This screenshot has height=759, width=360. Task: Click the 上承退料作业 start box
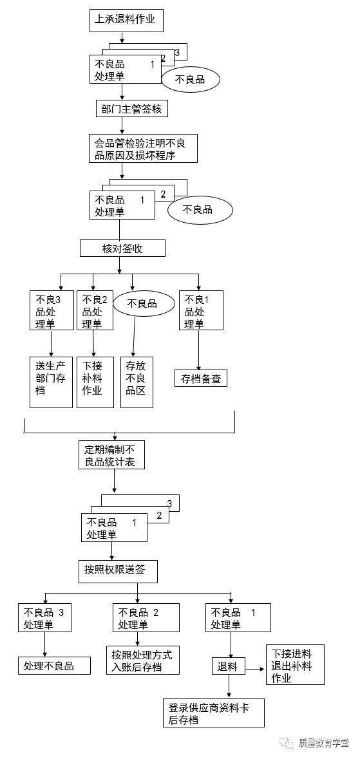click(x=126, y=20)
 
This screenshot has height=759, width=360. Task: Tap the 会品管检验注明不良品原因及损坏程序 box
click(x=142, y=148)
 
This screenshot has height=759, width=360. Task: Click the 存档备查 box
click(x=201, y=378)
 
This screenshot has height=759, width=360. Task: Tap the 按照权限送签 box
click(x=117, y=569)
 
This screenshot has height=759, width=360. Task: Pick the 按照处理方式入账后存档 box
click(x=142, y=661)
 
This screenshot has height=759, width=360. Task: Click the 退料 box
click(x=228, y=666)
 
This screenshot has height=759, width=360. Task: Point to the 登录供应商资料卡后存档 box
click(x=213, y=713)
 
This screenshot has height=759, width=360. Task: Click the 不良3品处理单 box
click(x=51, y=310)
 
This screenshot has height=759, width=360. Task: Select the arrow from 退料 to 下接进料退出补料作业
click(x=254, y=668)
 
